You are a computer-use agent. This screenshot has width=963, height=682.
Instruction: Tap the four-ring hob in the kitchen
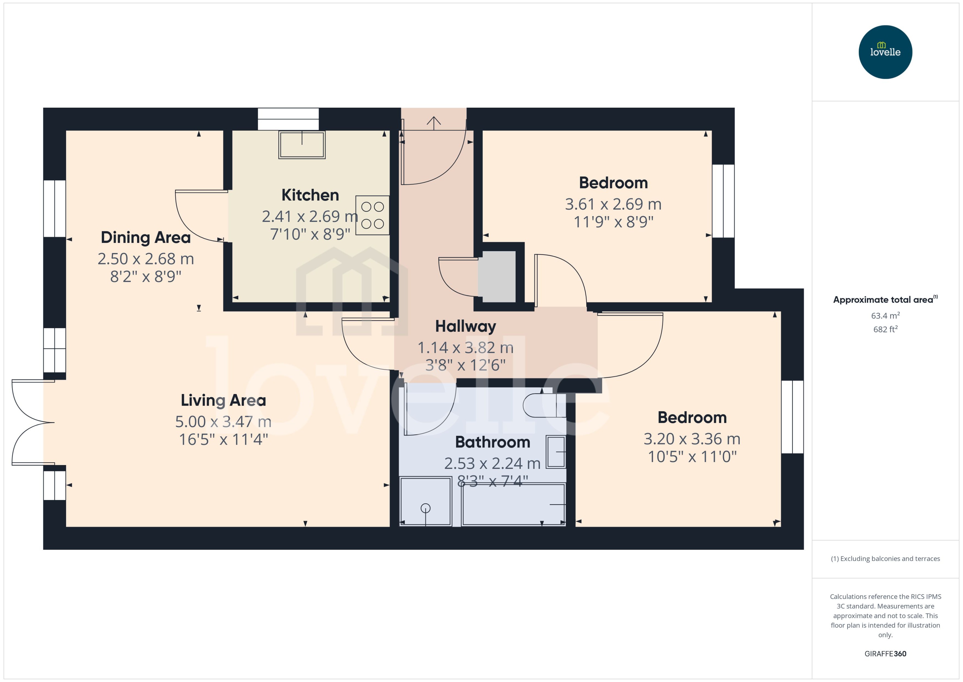coord(372,215)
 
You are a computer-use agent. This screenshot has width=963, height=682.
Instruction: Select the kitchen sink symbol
coord(302,145)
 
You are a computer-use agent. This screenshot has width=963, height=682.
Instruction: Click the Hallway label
coord(465,326)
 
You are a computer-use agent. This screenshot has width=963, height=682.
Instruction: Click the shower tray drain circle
coord(425,509)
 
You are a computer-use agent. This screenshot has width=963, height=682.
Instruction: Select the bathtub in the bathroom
coord(514,504)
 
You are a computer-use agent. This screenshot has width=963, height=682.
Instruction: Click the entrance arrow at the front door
coord(433,122)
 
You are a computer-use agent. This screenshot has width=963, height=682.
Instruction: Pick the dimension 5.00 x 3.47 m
coord(223,422)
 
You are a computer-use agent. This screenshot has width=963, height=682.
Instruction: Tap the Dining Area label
coord(146,238)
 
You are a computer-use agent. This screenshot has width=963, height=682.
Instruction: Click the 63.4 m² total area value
coord(885,315)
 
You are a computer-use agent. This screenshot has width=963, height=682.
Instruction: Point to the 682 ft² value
coord(885,329)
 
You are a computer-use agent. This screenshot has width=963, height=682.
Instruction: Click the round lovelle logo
coord(885,52)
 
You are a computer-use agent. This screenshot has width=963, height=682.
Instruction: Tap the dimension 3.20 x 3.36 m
coord(692,439)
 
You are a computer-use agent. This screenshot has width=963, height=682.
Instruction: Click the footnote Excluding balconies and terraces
coord(885,559)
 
